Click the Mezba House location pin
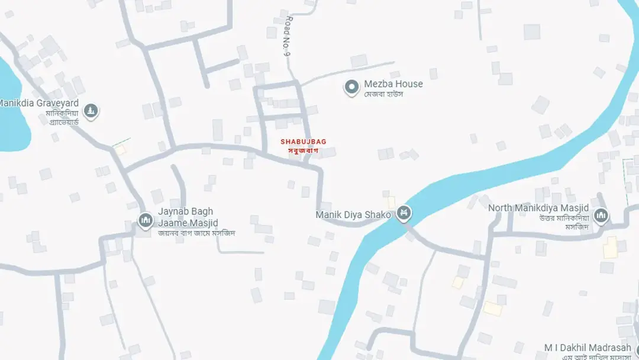tap(351, 88)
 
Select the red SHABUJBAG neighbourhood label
tap(303, 142)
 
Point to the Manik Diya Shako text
tap(353, 215)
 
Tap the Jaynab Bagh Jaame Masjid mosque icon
tap(146, 220)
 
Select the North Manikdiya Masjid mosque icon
tap(601, 216)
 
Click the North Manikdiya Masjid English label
tap(538, 208)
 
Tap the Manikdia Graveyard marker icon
tap(91, 111)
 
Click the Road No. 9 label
tap(288, 37)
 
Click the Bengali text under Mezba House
tap(383, 94)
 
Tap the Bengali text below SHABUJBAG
tap(303, 150)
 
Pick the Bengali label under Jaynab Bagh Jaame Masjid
tap(196, 233)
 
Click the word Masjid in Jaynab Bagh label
tap(203, 223)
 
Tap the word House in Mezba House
tap(409, 84)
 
